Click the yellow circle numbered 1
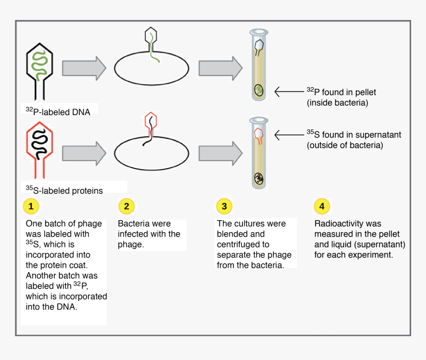tap(31, 206)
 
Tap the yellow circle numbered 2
tap(126, 206)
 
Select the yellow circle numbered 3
tap(224, 206)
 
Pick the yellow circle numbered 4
tap(321, 206)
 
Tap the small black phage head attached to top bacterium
tap(151, 36)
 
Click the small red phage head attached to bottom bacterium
tap(151, 120)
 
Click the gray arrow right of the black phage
tap(84, 68)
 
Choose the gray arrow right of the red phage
tap(84, 153)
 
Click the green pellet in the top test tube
tap(259, 90)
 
